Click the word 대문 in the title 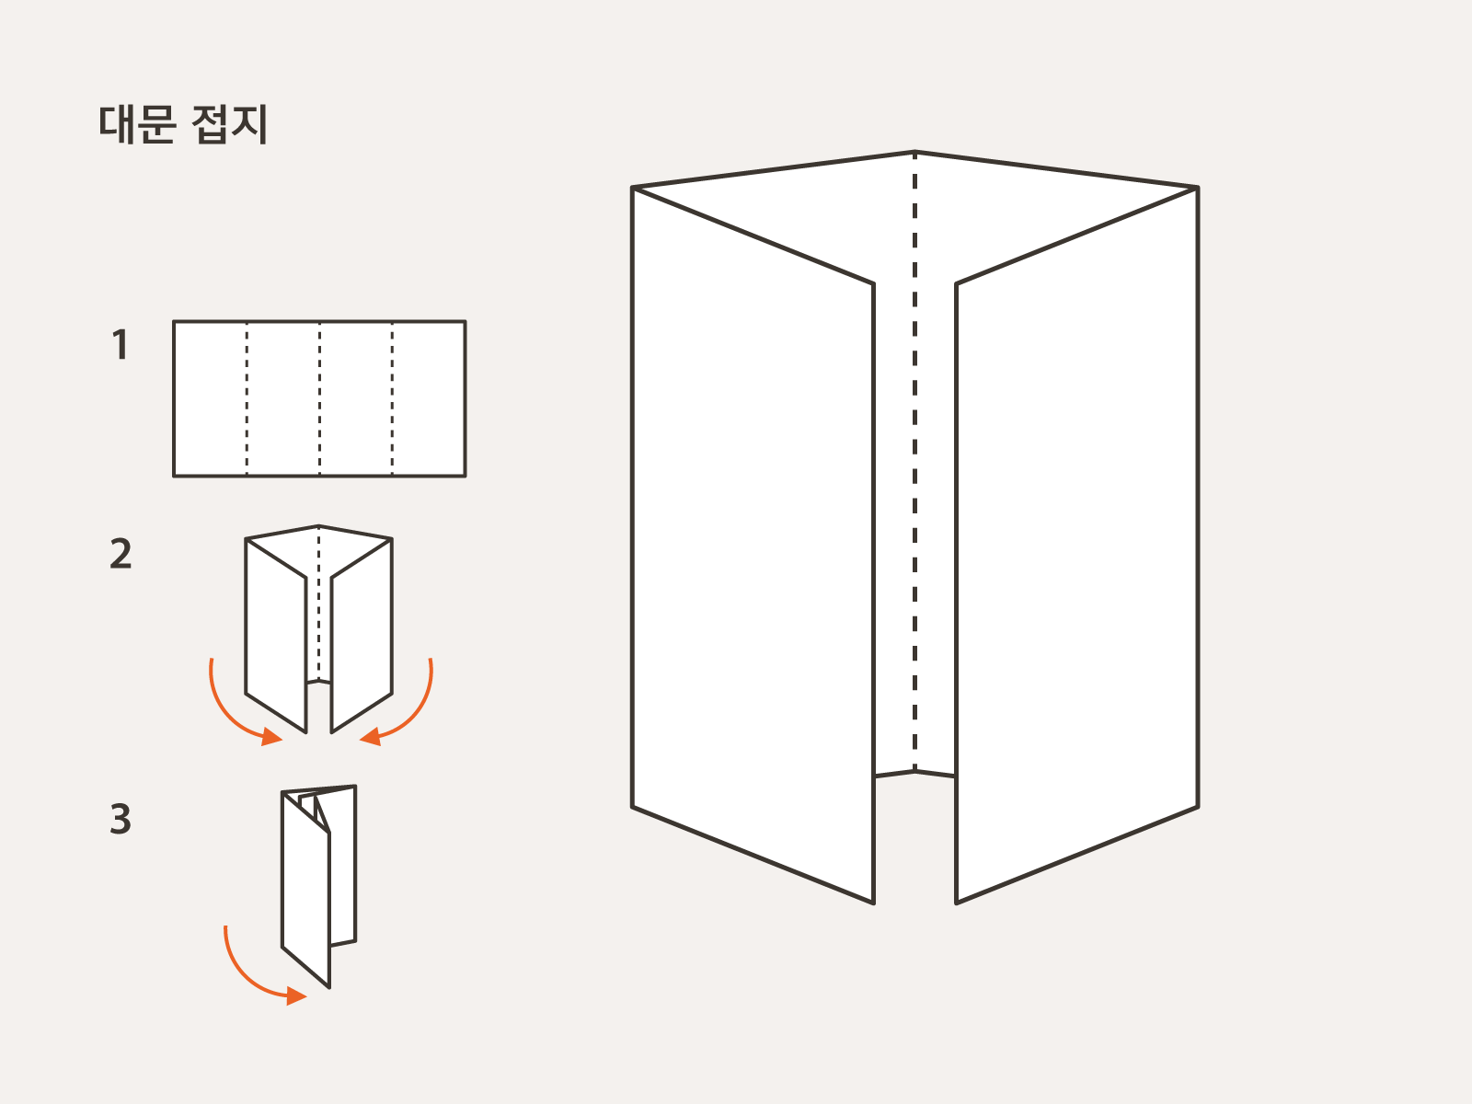[x=136, y=124]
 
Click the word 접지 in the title [x=230, y=124]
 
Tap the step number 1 [x=120, y=345]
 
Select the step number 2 [x=121, y=554]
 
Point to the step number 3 [x=121, y=819]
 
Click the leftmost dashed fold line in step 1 [x=247, y=398]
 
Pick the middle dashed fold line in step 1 [x=319, y=398]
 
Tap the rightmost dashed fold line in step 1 [x=393, y=398]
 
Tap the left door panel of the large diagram [x=753, y=543]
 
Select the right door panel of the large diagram [x=1076, y=543]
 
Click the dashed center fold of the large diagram [x=914, y=460]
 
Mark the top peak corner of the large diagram [x=914, y=152]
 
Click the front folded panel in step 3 [x=305, y=888]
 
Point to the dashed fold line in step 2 [x=319, y=607]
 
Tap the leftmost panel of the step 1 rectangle [x=210, y=398]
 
